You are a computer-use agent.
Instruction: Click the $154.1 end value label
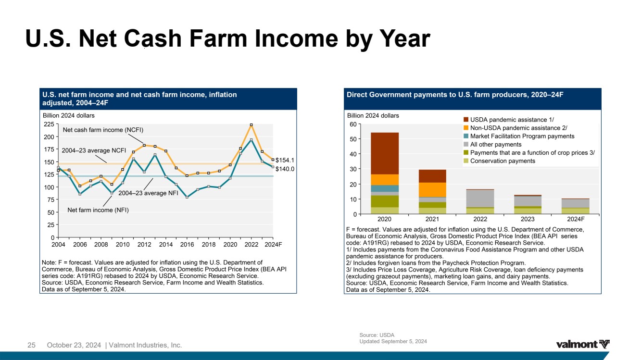click(285, 160)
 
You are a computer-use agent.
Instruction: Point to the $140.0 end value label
click(285, 169)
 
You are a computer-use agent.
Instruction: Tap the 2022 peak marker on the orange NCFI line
click(251, 125)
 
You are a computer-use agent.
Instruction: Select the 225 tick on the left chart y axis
click(49, 124)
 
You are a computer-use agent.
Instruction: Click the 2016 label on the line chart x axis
click(187, 245)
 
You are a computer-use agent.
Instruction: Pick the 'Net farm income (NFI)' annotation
click(98, 210)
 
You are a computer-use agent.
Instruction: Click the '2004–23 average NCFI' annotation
click(94, 150)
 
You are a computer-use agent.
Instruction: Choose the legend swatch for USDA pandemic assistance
click(465, 119)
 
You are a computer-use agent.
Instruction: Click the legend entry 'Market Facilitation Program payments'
click(522, 136)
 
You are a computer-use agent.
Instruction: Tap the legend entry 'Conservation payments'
click(503, 161)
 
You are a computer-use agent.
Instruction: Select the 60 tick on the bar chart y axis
click(353, 124)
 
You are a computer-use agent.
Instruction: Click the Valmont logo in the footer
click(583, 344)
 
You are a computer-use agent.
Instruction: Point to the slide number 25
click(32, 345)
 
